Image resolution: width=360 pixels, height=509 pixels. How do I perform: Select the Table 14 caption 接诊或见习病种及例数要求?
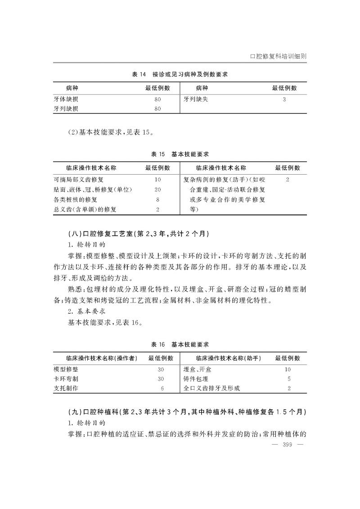180,74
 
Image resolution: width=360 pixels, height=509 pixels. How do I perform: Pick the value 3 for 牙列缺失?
284,99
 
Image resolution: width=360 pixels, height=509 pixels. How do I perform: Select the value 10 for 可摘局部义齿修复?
157,179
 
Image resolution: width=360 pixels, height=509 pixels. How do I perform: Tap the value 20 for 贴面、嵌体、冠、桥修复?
157,189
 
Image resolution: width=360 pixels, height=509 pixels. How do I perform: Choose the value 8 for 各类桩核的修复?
157,199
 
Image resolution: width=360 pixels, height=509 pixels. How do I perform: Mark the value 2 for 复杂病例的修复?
287,179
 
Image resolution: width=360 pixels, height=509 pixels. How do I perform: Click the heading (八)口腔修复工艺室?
138,234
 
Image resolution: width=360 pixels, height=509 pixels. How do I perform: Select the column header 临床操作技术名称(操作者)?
95,358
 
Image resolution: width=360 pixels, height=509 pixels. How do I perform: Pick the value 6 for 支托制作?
162,388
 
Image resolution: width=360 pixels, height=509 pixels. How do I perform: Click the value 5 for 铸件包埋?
288,378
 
